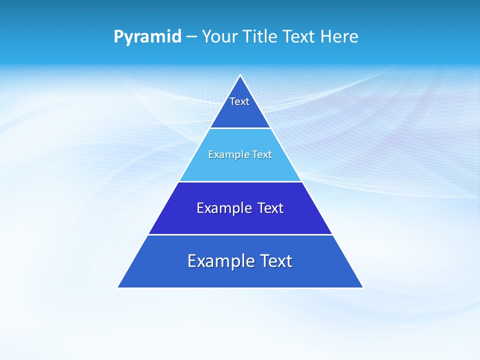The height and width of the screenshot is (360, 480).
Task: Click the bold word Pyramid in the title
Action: tap(147, 37)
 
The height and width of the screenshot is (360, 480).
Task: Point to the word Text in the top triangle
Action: tap(239, 101)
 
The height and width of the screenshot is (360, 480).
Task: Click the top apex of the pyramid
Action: tap(240, 76)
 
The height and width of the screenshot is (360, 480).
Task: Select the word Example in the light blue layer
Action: tap(227, 154)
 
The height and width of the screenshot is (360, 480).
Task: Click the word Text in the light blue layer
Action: tap(261, 154)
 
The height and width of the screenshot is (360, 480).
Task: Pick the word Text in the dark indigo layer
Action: tap(270, 208)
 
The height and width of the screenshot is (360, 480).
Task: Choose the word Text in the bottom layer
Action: tap(275, 261)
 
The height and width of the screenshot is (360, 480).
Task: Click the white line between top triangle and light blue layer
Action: tap(240, 128)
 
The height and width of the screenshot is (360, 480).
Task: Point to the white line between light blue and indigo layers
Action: tap(240, 181)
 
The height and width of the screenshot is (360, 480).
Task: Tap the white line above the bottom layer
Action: tap(240, 234)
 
